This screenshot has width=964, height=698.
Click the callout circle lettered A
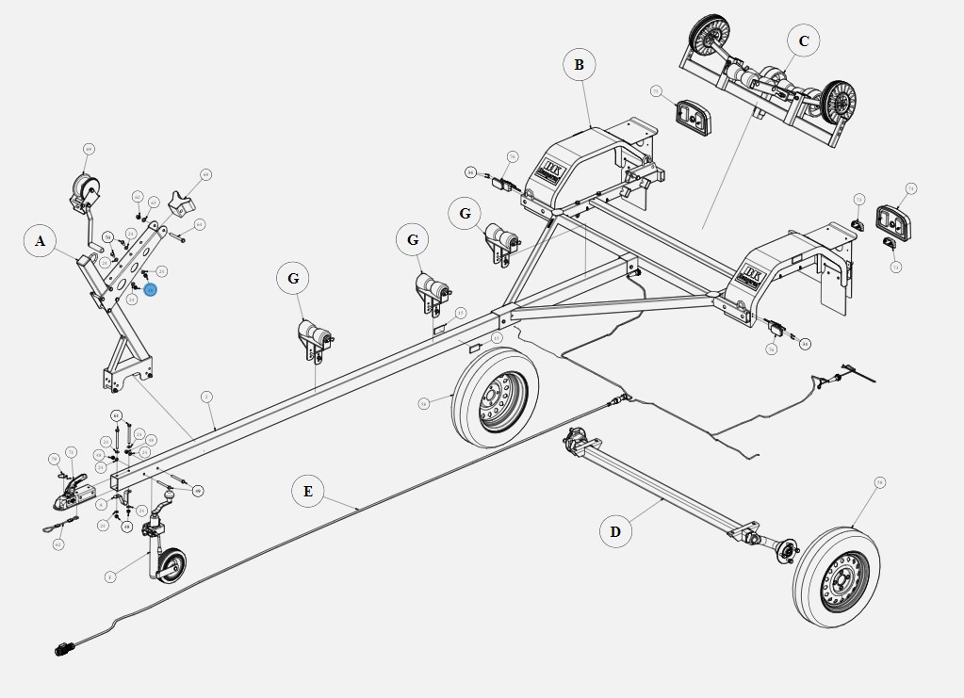(41, 242)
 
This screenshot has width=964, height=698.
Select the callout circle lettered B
(579, 65)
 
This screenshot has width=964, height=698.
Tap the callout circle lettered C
(803, 41)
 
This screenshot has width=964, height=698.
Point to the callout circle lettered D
(614, 531)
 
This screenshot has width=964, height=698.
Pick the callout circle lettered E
(307, 492)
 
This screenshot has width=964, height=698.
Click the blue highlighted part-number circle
(151, 290)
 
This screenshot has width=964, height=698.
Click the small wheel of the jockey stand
(170, 568)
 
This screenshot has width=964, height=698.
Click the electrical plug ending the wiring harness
(65, 648)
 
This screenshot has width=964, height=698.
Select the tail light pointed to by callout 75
(691, 117)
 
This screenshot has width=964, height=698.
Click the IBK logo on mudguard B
(550, 170)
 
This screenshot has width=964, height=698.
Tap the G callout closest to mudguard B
(464, 214)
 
